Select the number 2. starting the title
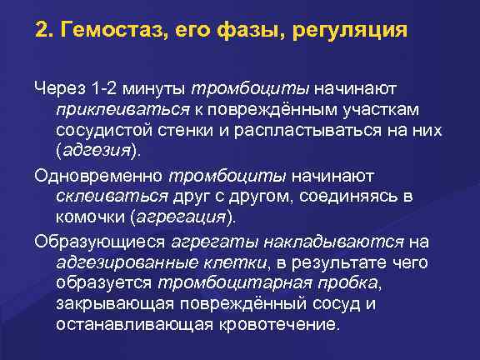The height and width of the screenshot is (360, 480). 45,34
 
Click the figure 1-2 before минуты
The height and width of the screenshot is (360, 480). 107,89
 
